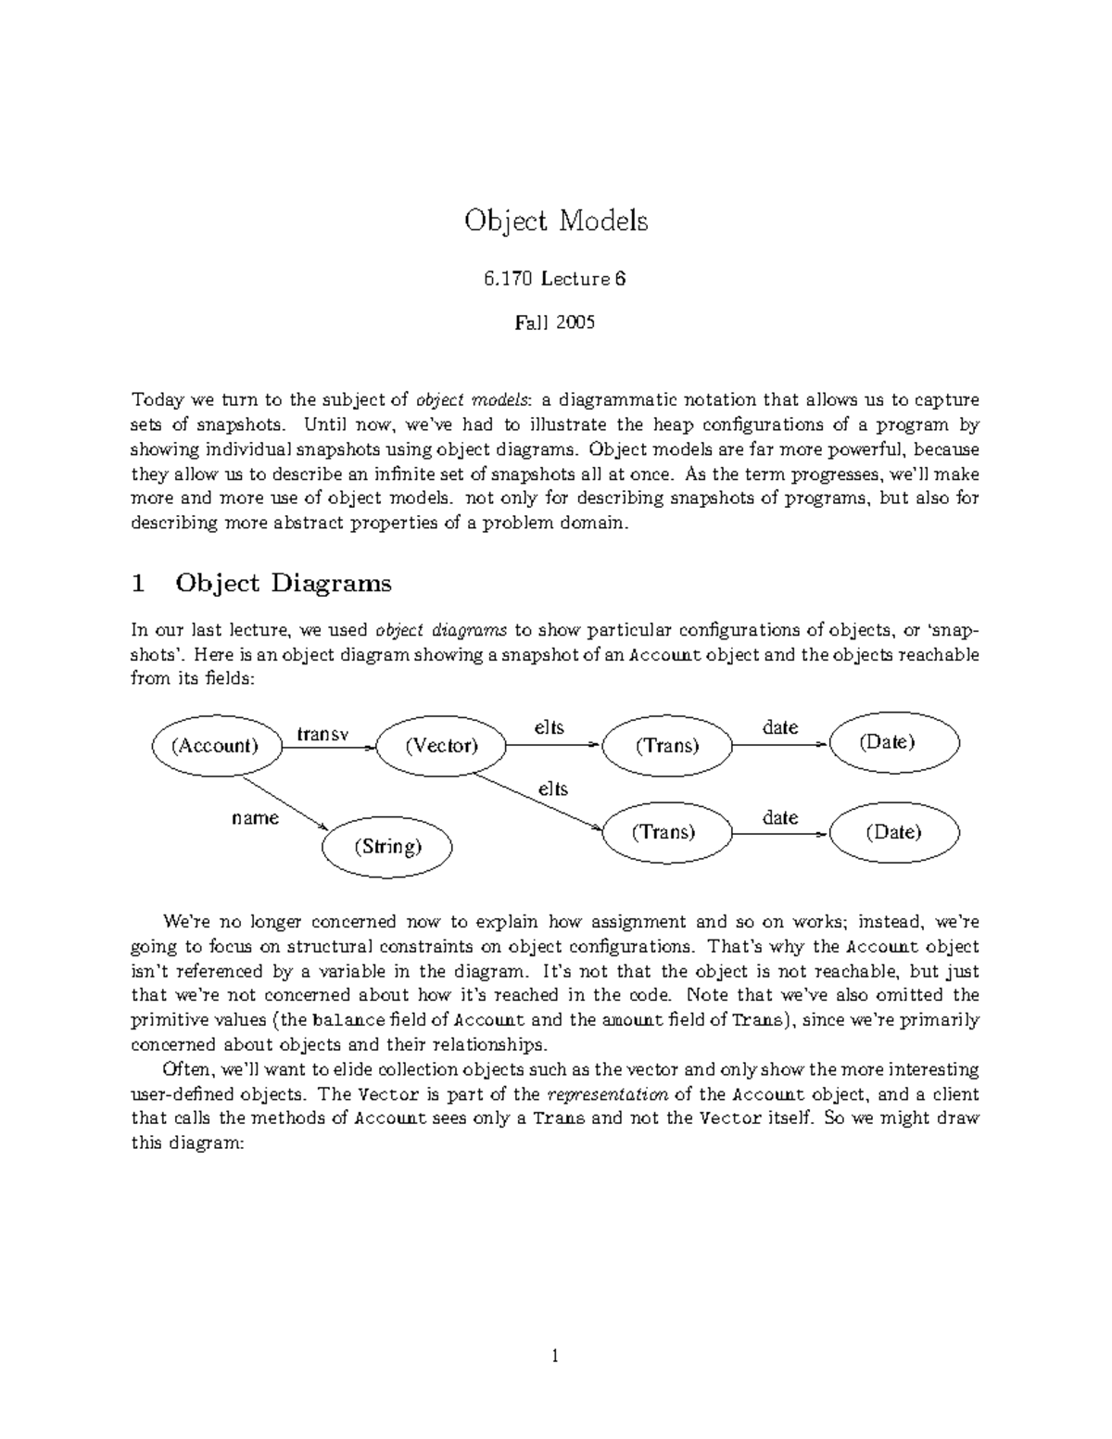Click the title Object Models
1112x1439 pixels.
556,221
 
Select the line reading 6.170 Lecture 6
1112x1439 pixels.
555,278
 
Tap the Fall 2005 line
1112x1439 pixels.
555,322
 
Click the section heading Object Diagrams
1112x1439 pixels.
284,584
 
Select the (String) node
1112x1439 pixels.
387,845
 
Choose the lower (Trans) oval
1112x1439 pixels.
663,831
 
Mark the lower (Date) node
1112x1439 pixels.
893,831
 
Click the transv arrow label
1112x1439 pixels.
322,734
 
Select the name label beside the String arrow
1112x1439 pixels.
255,818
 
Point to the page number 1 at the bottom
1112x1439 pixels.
555,1357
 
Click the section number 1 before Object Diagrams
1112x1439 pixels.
139,584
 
